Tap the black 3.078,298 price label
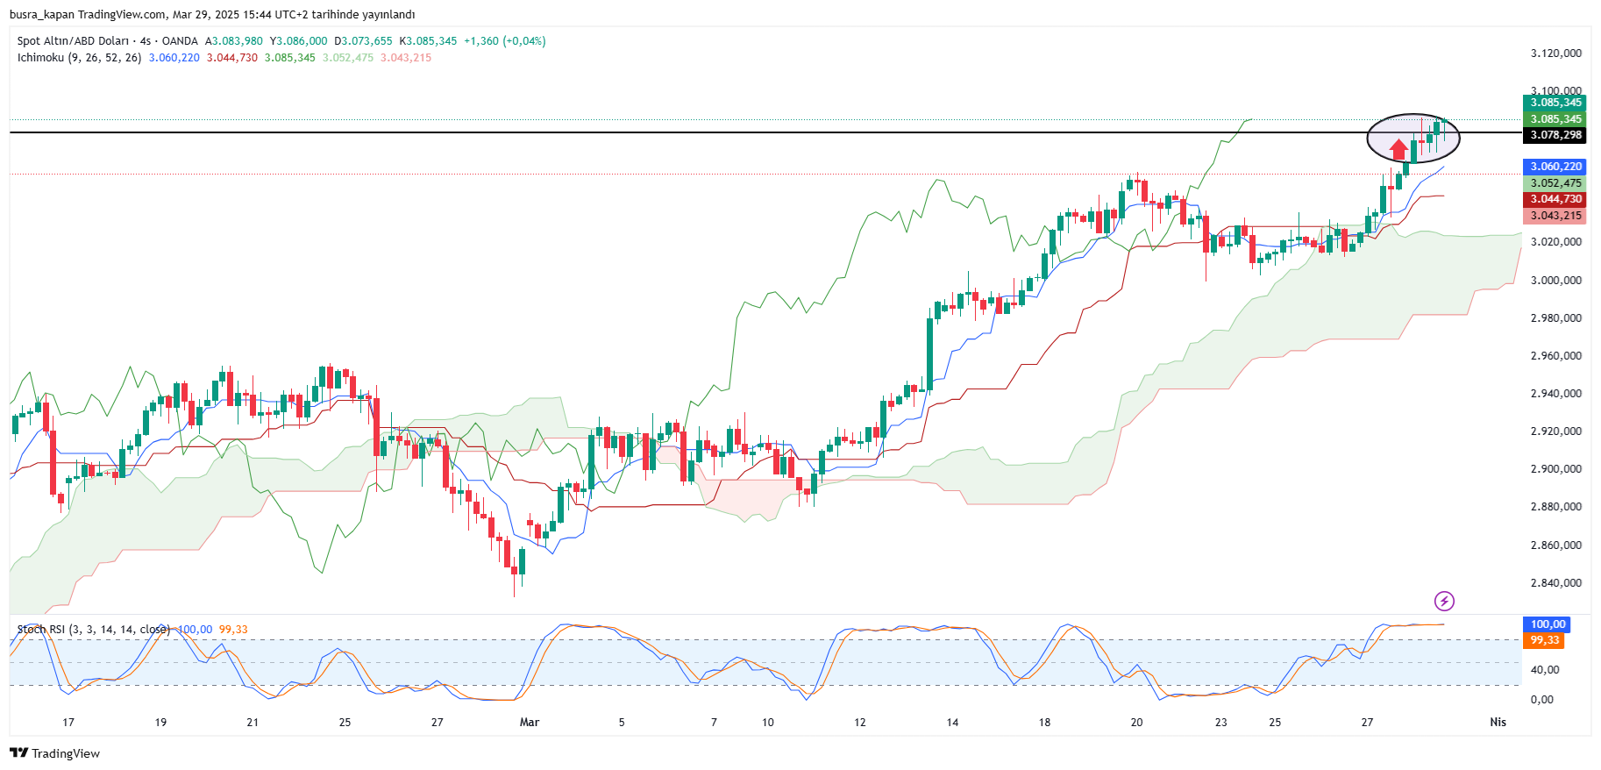1555,135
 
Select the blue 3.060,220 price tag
1555,167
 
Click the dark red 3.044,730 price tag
1555,199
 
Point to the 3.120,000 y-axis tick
1555,53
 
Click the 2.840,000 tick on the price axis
1555,583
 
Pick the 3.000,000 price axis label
1555,281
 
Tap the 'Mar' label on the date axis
530,723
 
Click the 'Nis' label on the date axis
1498,723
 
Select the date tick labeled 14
952,723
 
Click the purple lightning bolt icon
1444,601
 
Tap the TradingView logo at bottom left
54,753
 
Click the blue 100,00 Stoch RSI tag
1548,624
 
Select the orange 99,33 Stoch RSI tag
1544,640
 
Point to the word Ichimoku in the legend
40,58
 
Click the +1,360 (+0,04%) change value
504,41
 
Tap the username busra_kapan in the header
41,15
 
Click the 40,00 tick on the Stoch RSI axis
1545,670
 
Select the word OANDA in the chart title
180,41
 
